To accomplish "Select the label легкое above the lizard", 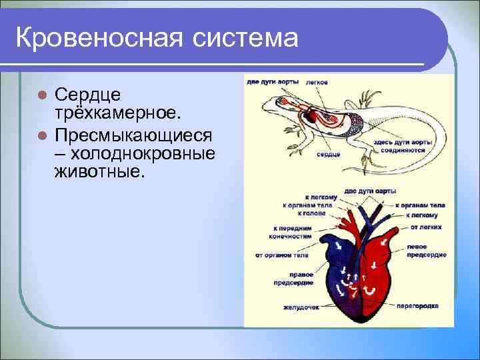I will [x=316, y=83].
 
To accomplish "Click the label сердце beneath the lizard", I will [x=329, y=154].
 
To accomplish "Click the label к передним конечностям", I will [x=292, y=231].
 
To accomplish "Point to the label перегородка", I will [x=417, y=307].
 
